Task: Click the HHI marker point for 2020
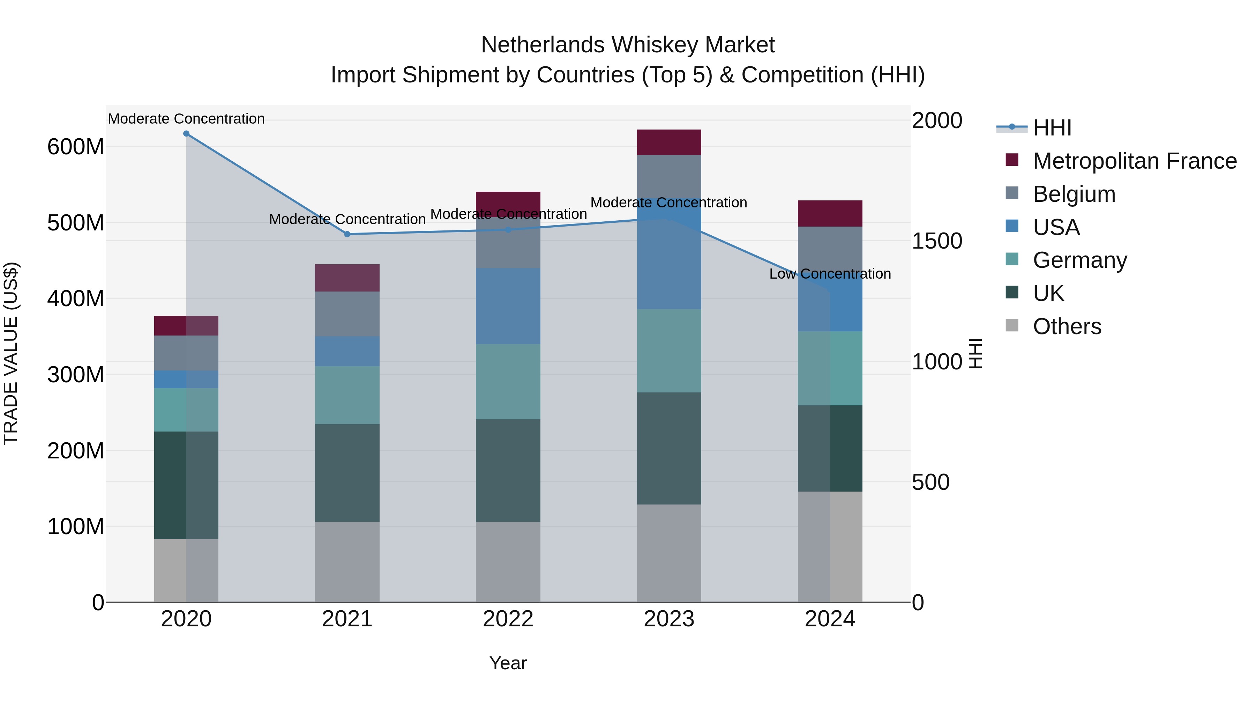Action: point(186,134)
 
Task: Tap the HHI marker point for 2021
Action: point(347,234)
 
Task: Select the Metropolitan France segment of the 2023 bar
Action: point(669,142)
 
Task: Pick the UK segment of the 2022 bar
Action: point(508,470)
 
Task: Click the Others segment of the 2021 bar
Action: point(347,562)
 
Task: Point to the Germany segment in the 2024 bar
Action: point(830,368)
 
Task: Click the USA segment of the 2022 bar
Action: point(508,306)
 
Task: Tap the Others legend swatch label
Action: point(1067,326)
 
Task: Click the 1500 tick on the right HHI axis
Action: point(937,241)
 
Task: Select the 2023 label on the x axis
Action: point(669,619)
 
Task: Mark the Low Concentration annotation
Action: point(830,274)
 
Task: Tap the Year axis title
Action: point(508,663)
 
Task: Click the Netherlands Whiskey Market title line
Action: point(628,45)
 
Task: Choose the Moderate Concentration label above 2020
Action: point(186,119)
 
